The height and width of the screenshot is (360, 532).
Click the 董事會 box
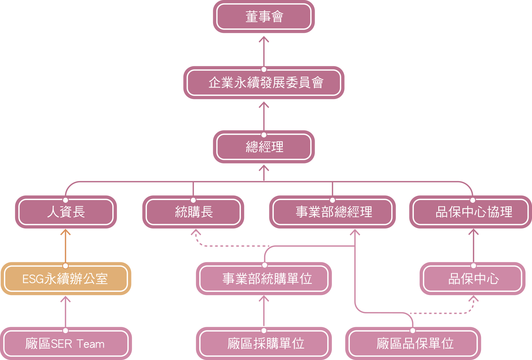264,17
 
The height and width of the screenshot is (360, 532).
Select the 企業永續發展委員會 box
264,83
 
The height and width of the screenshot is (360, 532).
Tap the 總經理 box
264,147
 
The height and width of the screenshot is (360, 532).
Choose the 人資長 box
66,212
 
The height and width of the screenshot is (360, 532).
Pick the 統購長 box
193,212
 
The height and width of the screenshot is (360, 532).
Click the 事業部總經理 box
332,212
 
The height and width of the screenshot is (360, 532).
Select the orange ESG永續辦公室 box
66,279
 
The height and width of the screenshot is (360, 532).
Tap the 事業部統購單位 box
264,279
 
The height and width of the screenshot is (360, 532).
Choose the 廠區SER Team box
66,344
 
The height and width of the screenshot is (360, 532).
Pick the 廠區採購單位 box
264,344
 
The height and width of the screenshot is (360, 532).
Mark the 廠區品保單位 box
413,344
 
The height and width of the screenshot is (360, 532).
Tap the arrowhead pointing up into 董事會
264,39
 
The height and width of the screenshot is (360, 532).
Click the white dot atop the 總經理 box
264,135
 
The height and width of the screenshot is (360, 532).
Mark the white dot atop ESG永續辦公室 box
66,266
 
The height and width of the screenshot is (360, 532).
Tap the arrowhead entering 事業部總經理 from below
355,232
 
